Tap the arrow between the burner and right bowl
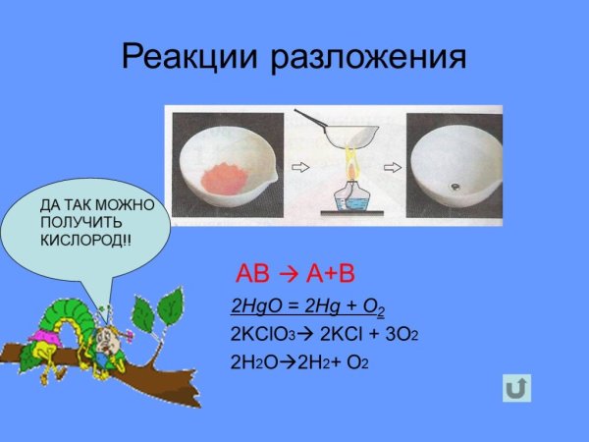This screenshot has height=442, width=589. [x=394, y=167]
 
